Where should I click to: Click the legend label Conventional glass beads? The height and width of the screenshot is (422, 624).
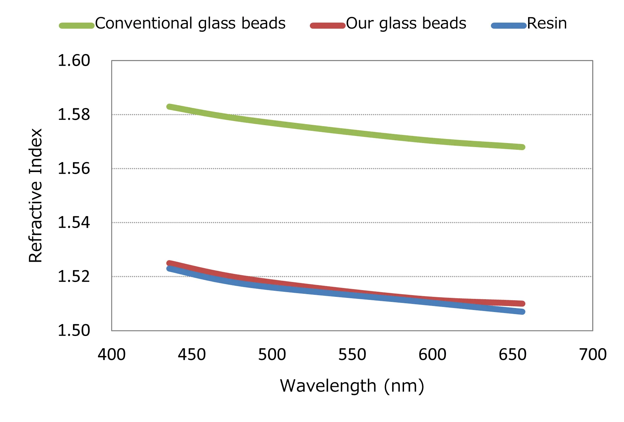pyautogui.click(x=190, y=24)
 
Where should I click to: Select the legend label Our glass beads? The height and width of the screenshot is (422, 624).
pyautogui.click(x=406, y=24)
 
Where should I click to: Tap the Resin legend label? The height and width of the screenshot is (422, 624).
pyautogui.click(x=547, y=24)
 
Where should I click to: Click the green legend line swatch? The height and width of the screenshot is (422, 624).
pyautogui.click(x=77, y=26)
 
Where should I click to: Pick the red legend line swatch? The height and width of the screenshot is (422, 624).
pyautogui.click(x=327, y=26)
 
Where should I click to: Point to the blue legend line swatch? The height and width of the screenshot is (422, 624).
pyautogui.click(x=509, y=26)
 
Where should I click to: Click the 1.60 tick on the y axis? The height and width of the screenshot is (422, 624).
pyautogui.click(x=74, y=61)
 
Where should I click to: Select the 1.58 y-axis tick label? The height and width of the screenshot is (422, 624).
pyautogui.click(x=74, y=115)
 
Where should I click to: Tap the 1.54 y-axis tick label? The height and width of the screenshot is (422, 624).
pyautogui.click(x=74, y=223)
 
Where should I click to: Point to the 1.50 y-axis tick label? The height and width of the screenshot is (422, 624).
pyautogui.click(x=74, y=331)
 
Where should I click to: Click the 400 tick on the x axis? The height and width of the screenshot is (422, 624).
pyautogui.click(x=111, y=355)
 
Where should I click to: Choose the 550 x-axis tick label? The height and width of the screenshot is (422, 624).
pyautogui.click(x=352, y=355)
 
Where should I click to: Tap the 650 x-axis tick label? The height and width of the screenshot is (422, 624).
pyautogui.click(x=513, y=355)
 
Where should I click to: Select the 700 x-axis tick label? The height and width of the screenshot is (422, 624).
pyautogui.click(x=593, y=355)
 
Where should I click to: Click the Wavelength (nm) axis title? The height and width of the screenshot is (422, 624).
pyautogui.click(x=352, y=386)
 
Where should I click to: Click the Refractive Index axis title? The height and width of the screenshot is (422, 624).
pyautogui.click(x=35, y=196)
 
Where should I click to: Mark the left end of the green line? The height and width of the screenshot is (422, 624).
pyautogui.click(x=169, y=107)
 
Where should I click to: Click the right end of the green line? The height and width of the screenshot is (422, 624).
pyautogui.click(x=522, y=147)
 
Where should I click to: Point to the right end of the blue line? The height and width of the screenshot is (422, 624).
pyautogui.click(x=522, y=312)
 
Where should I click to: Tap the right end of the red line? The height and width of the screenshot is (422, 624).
pyautogui.click(x=522, y=304)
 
